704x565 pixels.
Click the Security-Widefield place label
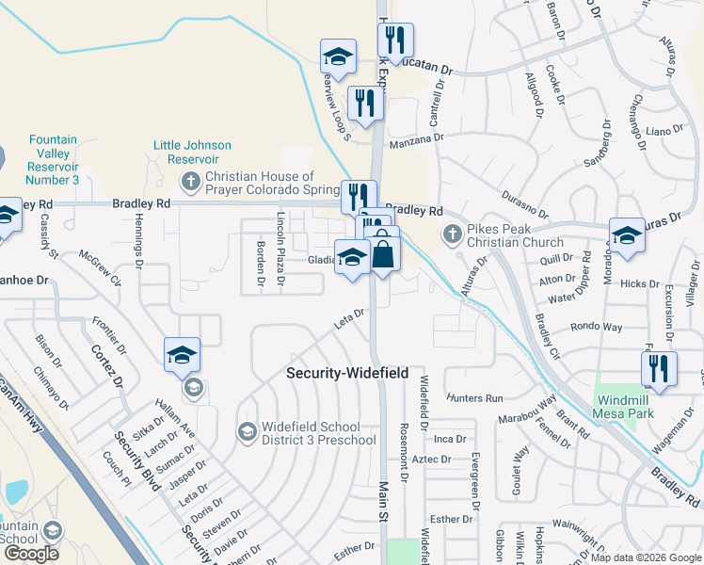(x=347, y=373)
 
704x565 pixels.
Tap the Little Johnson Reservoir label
(x=192, y=152)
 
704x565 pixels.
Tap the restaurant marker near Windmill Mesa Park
(x=659, y=369)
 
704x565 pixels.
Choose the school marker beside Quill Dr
(x=627, y=236)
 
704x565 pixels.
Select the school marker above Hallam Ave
(x=182, y=354)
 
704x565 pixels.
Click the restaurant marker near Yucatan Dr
(x=394, y=40)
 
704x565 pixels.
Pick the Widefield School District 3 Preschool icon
(x=247, y=432)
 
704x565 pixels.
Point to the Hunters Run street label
(x=475, y=398)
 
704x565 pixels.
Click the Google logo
(x=31, y=553)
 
